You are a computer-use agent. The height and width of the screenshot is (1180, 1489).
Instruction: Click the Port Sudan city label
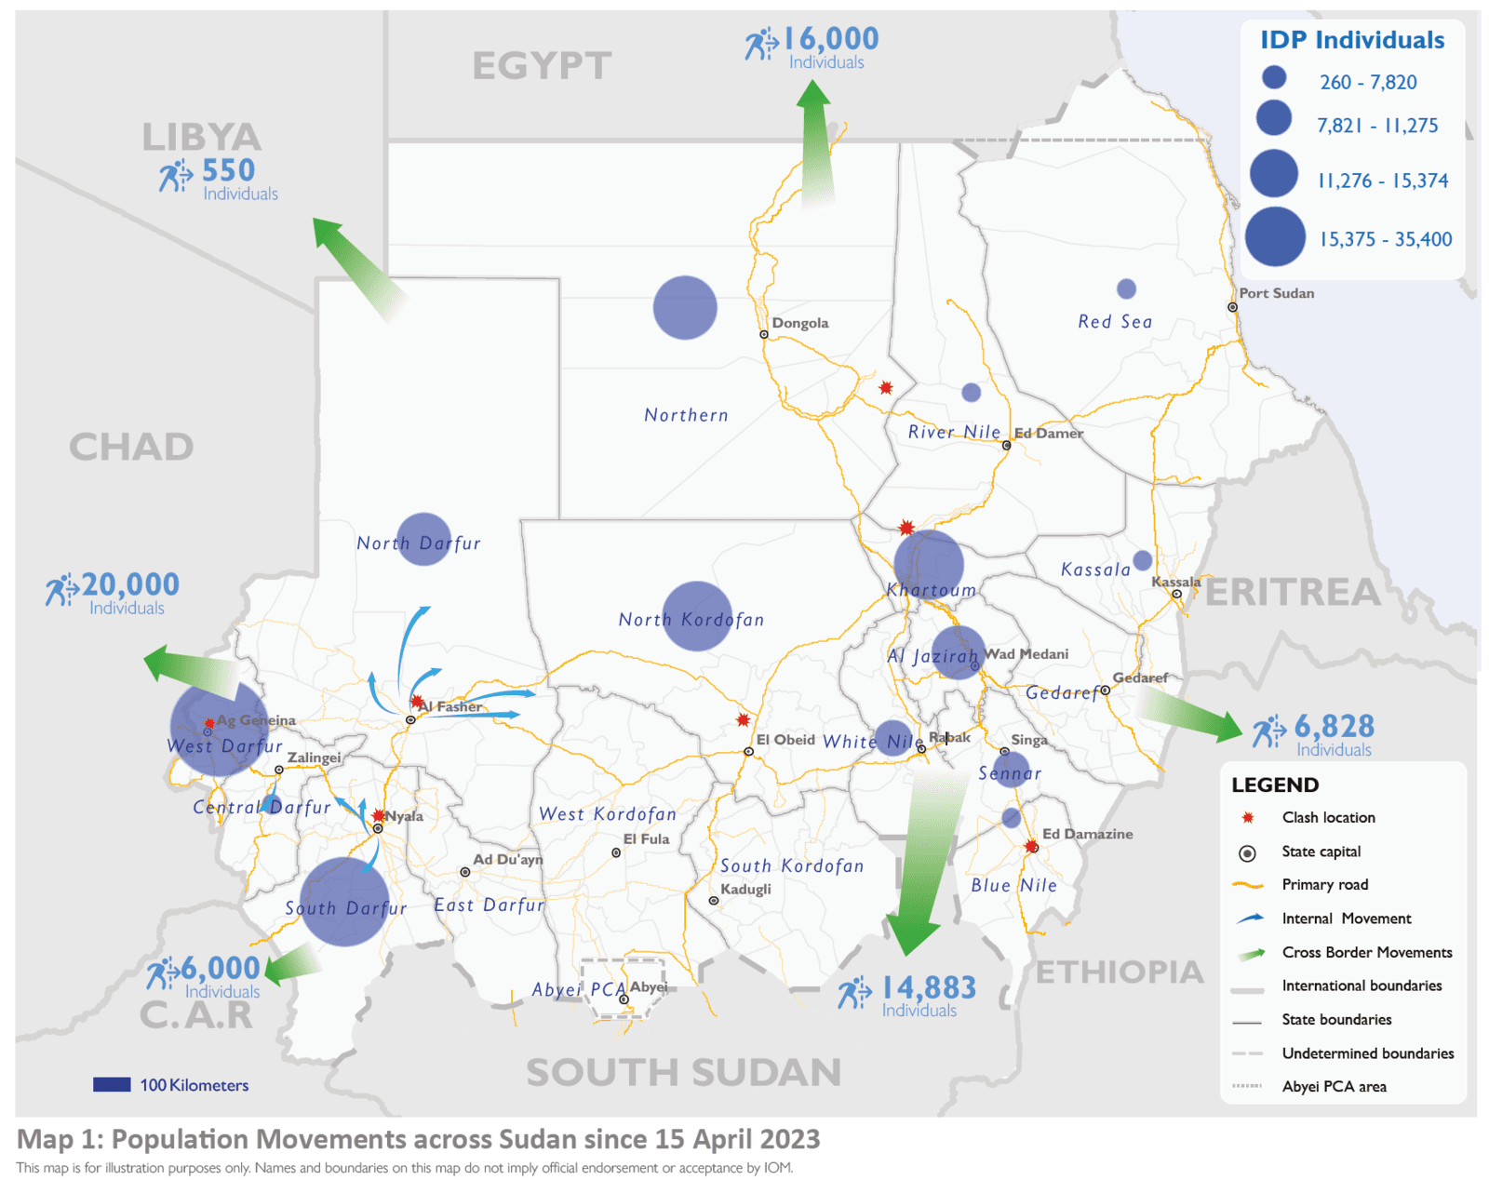pyautogui.click(x=1276, y=293)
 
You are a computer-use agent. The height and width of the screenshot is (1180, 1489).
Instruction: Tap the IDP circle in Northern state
pyautogui.click(x=685, y=308)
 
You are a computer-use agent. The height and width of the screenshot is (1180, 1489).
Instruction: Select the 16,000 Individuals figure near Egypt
pyautogui.click(x=830, y=39)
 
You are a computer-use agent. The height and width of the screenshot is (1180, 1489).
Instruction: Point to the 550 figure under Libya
pyautogui.click(x=228, y=171)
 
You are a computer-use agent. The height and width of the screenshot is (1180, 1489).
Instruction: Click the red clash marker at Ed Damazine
pyautogui.click(x=1031, y=847)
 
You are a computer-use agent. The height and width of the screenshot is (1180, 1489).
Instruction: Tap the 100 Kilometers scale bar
pyautogui.click(x=112, y=1084)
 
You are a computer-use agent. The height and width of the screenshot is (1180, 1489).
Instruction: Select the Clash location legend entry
pyautogui.click(x=1327, y=817)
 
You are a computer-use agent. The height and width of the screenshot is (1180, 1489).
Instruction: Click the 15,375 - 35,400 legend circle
pyautogui.click(x=1275, y=237)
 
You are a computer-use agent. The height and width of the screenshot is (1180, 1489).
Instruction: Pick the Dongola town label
pyautogui.click(x=799, y=323)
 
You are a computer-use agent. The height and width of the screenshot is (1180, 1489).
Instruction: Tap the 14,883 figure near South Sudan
pyautogui.click(x=928, y=987)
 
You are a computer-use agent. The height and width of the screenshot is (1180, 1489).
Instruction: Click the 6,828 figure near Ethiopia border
pyautogui.click(x=1334, y=726)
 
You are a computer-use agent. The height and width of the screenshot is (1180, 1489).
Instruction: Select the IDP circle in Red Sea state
pyautogui.click(x=1126, y=288)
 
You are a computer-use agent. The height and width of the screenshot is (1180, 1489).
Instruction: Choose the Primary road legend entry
pyautogui.click(x=1324, y=884)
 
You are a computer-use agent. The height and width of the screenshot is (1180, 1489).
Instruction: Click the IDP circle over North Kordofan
pyautogui.click(x=697, y=616)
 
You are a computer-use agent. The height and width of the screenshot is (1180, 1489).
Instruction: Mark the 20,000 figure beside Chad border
pyautogui.click(x=130, y=584)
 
